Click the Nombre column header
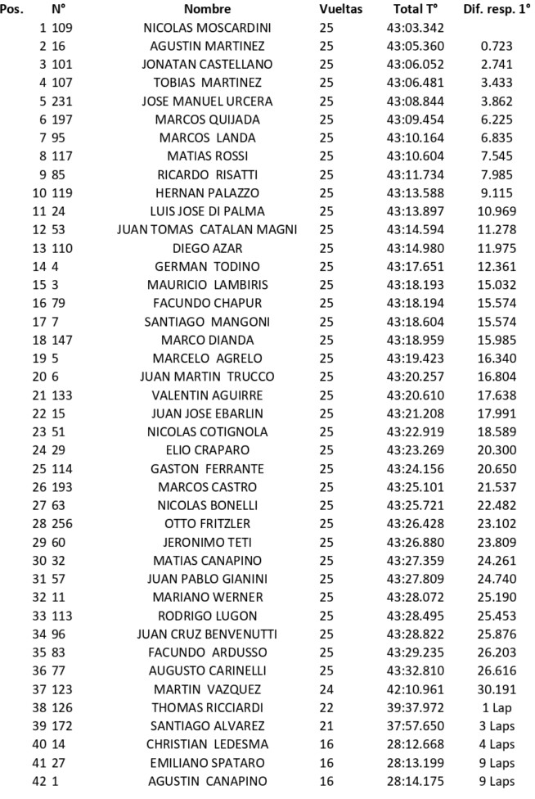coord(207,10)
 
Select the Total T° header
coord(415,10)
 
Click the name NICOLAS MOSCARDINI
coord(207,28)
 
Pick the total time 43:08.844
coord(415,101)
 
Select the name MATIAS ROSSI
coord(207,156)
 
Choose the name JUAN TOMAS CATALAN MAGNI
coord(207,228)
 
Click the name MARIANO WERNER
coord(207,598)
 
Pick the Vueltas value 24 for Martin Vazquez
coord(326,670)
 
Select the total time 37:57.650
coord(415,707)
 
